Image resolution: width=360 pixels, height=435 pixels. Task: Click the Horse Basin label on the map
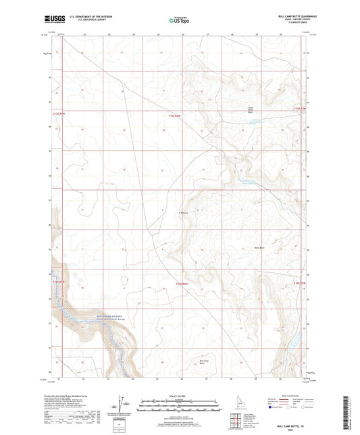point(258,248)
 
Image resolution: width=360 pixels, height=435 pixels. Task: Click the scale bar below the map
point(179,402)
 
